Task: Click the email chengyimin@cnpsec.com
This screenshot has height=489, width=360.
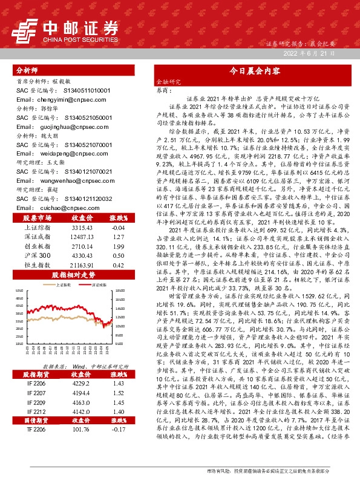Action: tap(54, 99)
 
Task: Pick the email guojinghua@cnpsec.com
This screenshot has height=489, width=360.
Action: tap(54, 128)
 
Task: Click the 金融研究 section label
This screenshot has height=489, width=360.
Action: tap(168, 80)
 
